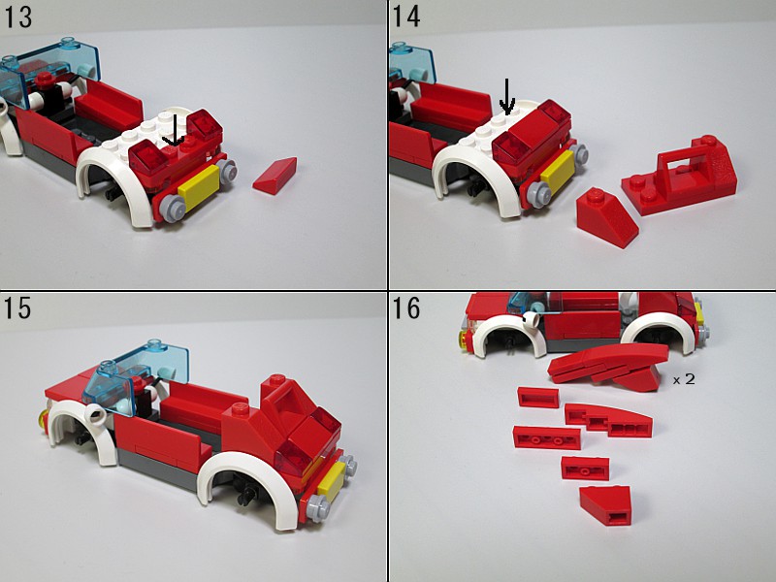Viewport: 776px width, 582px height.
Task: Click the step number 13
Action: pos(18,17)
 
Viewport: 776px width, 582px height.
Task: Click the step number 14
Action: pos(406,16)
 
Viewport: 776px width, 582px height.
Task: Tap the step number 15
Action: pos(17,308)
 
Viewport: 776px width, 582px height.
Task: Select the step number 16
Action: pos(406,307)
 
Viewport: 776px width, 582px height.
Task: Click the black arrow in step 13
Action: pos(174,130)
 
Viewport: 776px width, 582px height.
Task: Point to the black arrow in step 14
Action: pos(506,96)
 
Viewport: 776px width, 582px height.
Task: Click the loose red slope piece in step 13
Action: pos(275,176)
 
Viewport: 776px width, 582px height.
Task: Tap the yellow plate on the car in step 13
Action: pos(199,188)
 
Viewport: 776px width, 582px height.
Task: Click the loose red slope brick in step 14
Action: pos(606,217)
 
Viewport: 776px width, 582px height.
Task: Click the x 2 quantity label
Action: pos(684,379)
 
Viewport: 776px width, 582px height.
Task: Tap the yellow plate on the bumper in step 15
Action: pos(331,479)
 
